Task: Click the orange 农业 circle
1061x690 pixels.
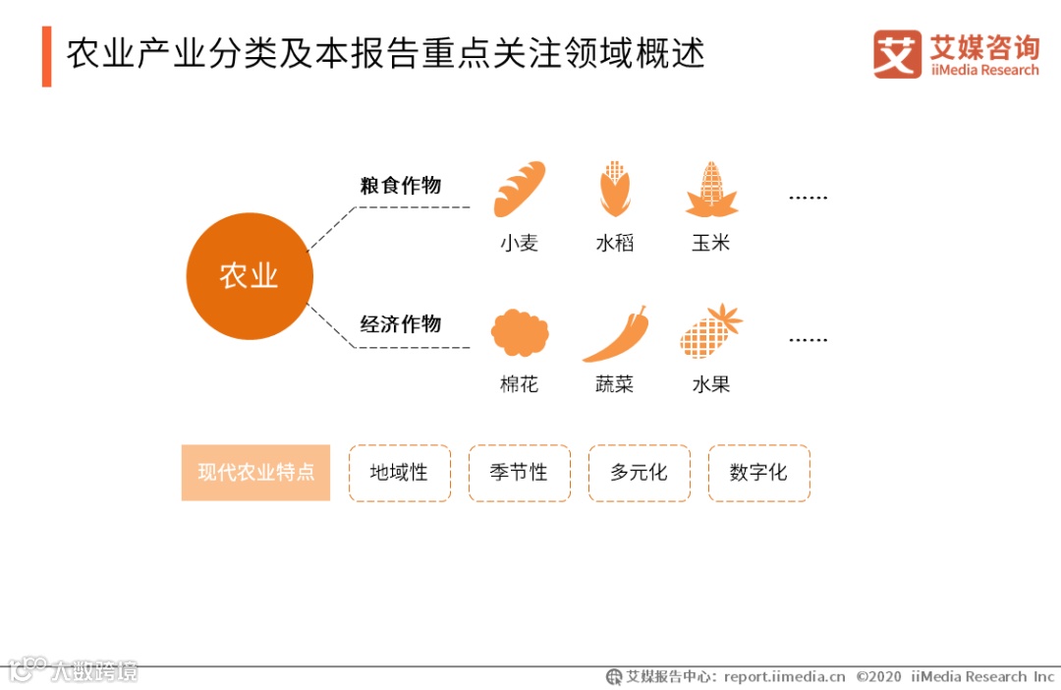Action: point(250,276)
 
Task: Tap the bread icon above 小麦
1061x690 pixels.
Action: point(519,189)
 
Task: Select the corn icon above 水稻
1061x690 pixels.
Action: point(614,189)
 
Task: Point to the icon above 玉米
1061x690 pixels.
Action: point(711,190)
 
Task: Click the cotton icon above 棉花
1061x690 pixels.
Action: point(519,332)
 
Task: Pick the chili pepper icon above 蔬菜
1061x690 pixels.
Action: point(615,334)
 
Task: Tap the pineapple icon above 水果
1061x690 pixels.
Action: point(711,332)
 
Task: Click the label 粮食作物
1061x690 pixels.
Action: point(400,186)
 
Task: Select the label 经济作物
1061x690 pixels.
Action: point(400,324)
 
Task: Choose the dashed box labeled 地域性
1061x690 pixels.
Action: point(400,473)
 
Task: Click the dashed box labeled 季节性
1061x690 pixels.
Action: point(519,473)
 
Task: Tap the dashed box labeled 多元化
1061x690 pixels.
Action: point(639,473)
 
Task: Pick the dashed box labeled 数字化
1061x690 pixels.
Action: point(758,473)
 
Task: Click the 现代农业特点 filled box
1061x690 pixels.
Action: point(255,473)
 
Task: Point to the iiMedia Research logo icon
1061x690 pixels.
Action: point(897,54)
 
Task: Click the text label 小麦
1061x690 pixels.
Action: point(519,243)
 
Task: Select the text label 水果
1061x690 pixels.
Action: point(711,384)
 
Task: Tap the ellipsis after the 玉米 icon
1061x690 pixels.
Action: point(808,198)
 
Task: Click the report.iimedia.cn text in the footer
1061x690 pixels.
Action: point(784,676)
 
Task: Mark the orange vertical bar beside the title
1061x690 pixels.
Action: point(46,56)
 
